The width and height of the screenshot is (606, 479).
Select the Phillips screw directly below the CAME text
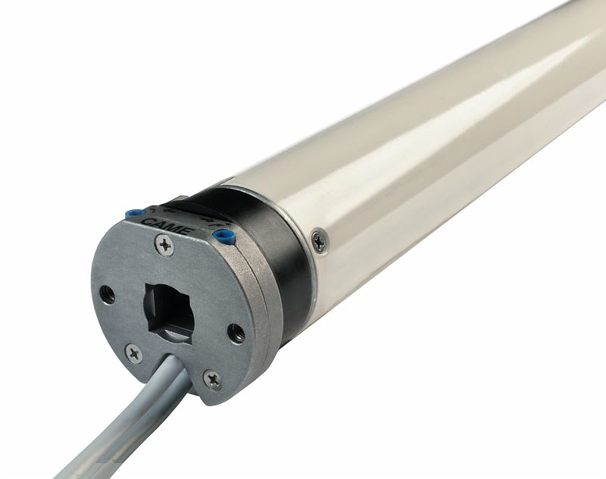166,244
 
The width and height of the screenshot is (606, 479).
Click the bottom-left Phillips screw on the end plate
133,352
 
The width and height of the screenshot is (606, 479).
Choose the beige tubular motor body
439,152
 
